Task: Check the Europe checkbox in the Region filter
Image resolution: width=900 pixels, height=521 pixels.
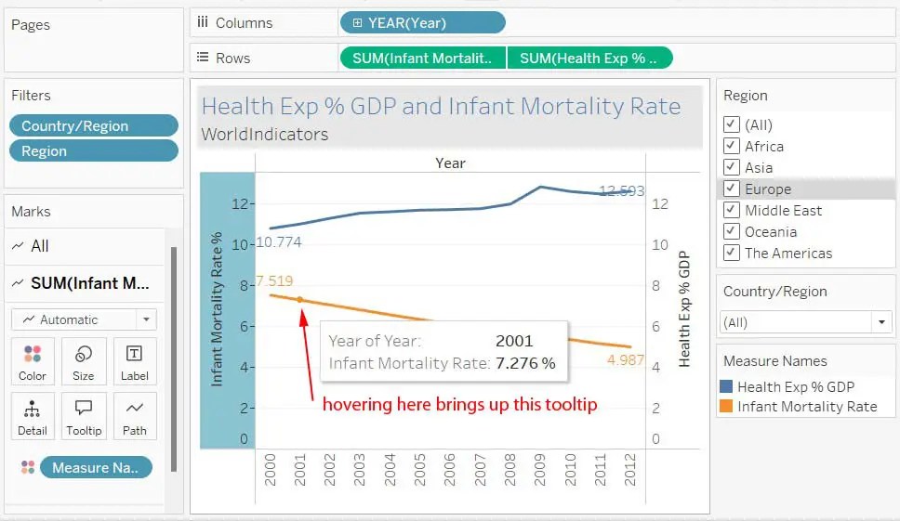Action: [x=731, y=189]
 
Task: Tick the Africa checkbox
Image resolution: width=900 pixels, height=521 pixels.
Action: [x=731, y=147]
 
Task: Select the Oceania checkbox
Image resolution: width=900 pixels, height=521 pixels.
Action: [x=731, y=232]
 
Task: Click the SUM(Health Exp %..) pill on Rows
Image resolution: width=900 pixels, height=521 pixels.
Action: [x=589, y=58]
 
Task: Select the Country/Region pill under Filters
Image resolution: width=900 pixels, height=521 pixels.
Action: [x=93, y=126]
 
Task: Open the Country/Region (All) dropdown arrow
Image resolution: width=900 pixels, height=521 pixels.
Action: [x=880, y=322]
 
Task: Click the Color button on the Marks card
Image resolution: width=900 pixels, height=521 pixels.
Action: [x=33, y=363]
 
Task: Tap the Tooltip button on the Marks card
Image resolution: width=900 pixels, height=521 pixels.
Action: [x=84, y=417]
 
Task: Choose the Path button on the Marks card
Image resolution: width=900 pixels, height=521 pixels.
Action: [x=135, y=417]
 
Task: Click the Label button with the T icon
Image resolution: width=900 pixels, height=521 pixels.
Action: [x=135, y=363]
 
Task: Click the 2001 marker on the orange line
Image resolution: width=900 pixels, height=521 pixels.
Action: [x=299, y=299]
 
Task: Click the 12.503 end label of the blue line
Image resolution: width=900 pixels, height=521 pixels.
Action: [x=621, y=191]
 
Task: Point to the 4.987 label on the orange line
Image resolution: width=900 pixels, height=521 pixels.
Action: [x=625, y=360]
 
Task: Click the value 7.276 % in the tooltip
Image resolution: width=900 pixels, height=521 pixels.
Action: [x=525, y=363]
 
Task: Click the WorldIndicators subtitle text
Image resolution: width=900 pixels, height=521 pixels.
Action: [x=265, y=135]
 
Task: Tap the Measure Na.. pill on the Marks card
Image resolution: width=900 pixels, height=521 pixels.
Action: [x=95, y=468]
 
